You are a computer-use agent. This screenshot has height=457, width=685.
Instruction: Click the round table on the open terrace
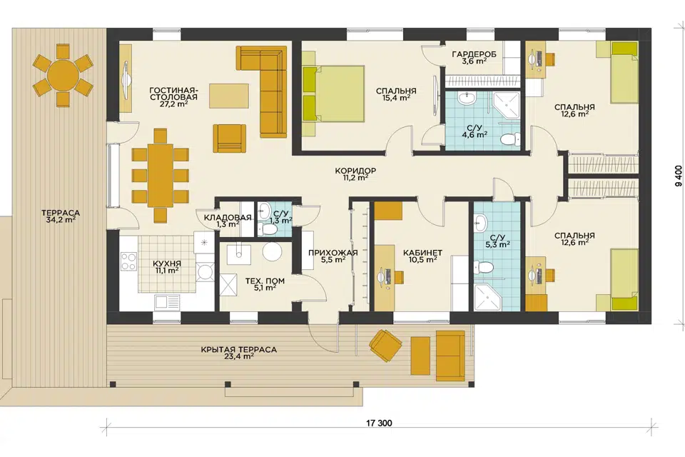coord(63,75)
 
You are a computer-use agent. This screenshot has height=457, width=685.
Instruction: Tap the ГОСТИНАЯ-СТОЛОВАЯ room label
coord(173,93)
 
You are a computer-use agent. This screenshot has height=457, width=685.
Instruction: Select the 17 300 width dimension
coord(379,423)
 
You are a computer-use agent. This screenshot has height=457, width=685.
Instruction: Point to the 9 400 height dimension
coord(678,176)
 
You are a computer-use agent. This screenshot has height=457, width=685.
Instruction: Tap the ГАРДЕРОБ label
coord(475,55)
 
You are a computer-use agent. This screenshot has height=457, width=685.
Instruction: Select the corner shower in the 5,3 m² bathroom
coord(487,297)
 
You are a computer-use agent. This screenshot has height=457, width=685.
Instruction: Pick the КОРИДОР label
coord(355,171)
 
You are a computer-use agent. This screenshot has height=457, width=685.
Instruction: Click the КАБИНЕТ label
coord(422,253)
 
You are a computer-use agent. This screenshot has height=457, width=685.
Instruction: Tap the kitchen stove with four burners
coord(128,261)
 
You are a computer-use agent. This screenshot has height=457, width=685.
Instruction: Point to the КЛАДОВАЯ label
coord(228,217)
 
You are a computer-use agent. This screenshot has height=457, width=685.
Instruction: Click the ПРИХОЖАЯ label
coord(333,253)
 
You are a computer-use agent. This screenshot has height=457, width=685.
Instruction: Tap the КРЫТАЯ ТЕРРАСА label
coord(239,350)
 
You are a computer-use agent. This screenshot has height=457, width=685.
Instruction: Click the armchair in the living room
coord(229,138)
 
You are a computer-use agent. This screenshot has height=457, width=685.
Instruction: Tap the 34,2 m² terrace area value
coord(60,220)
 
